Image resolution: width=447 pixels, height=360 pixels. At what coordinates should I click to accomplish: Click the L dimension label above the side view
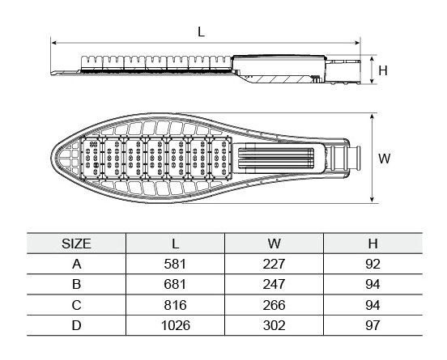[201, 32]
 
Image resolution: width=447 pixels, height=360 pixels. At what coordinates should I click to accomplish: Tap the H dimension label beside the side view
[383, 70]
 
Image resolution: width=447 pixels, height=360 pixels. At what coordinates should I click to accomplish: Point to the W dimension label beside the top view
[385, 159]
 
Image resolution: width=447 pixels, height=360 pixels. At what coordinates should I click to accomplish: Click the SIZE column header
[76, 244]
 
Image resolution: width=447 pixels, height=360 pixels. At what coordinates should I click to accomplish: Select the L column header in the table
[176, 244]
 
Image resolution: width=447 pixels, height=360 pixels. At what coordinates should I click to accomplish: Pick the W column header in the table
[274, 244]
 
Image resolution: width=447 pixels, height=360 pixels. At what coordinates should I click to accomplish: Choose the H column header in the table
[372, 244]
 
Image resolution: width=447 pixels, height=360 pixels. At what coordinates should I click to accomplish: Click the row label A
[76, 264]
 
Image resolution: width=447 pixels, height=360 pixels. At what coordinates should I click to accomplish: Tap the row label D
[76, 325]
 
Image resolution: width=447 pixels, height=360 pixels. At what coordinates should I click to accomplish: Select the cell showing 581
[175, 264]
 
